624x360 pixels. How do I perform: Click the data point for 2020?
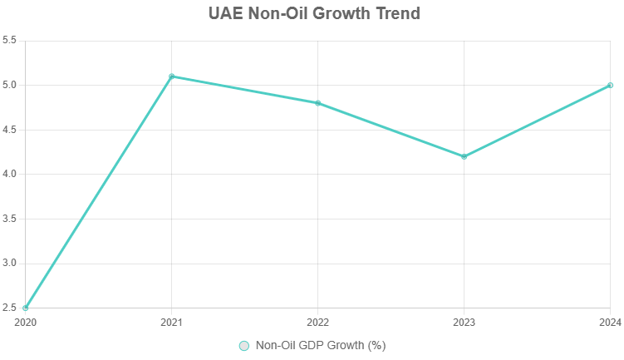point(26,308)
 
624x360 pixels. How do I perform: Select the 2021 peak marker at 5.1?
point(172,76)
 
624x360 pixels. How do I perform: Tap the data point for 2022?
point(317,103)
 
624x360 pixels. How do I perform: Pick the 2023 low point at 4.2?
point(464,156)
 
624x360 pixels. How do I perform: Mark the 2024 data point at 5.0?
point(610,85)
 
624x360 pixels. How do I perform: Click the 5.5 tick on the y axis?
point(10,41)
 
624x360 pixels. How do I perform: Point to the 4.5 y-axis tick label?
point(10,130)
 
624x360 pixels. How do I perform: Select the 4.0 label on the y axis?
point(10,175)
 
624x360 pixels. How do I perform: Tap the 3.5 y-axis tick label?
point(10,219)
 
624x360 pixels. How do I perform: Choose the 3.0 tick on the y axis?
point(10,264)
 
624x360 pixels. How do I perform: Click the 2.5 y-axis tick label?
point(10,308)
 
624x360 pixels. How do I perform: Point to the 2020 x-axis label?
point(26,322)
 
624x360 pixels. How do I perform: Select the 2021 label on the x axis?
point(172,322)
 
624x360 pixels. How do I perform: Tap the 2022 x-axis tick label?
point(317,322)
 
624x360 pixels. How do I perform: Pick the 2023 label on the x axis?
point(464,322)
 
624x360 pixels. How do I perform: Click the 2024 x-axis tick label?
point(609,322)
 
